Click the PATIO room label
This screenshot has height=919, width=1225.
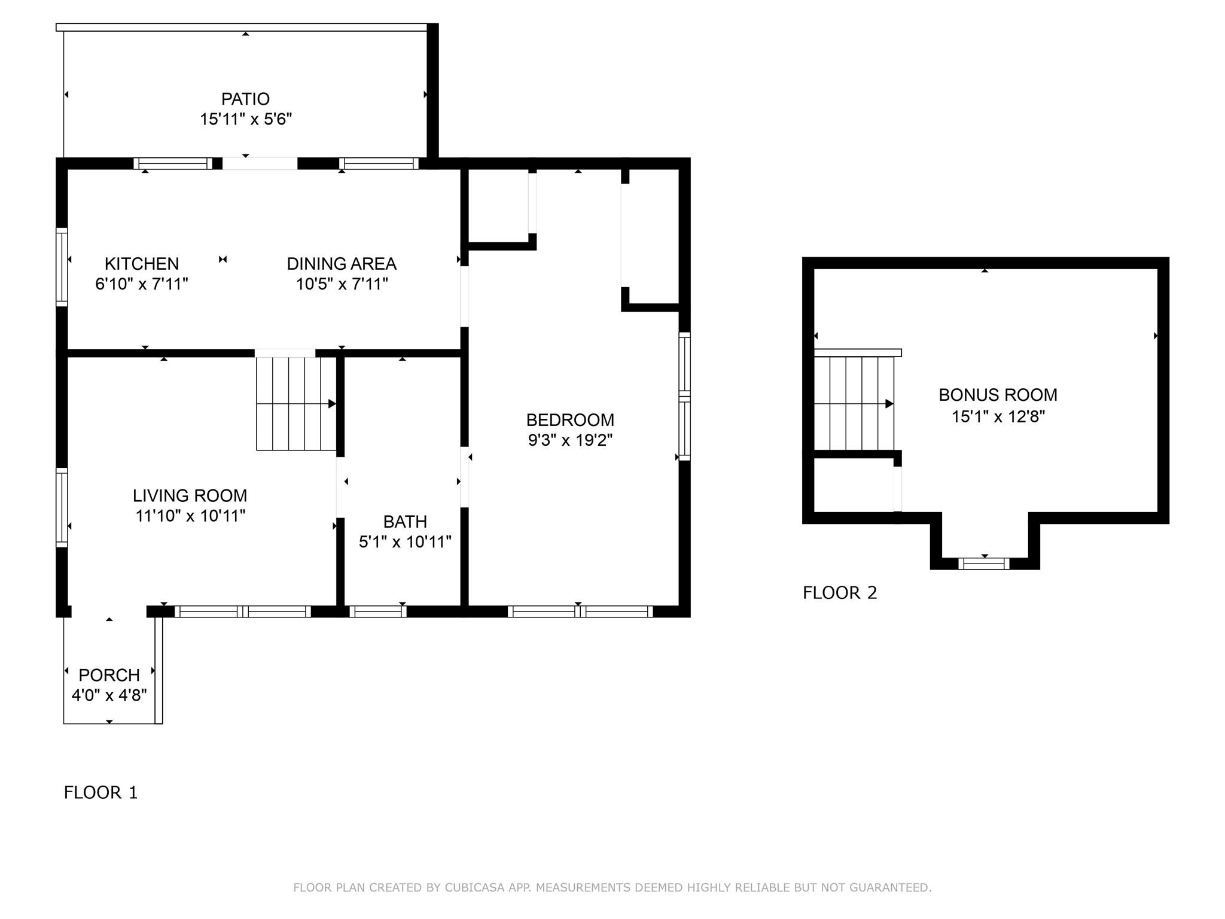click(245, 99)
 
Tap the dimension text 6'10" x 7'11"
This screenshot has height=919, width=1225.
click(142, 284)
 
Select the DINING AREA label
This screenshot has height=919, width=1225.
click(342, 263)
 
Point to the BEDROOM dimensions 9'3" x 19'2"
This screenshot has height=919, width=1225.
click(570, 440)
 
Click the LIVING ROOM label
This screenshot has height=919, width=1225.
click(190, 495)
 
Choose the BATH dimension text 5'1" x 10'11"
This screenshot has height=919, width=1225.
click(405, 542)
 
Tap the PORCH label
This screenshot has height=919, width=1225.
click(109, 675)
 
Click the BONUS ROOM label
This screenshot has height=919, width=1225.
click(998, 395)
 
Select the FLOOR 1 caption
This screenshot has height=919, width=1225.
click(100, 792)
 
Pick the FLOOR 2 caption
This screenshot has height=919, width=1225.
click(840, 592)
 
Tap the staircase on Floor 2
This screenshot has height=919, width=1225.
click(854, 404)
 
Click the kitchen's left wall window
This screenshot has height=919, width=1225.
click(62, 267)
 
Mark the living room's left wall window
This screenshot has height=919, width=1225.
click(62, 507)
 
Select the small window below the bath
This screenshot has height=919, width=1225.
click(378, 611)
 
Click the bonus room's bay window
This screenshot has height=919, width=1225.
click(984, 563)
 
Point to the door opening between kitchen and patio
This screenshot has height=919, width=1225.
click(260, 163)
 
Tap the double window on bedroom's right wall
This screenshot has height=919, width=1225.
click(685, 396)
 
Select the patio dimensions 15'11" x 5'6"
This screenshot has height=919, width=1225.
click(245, 119)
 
